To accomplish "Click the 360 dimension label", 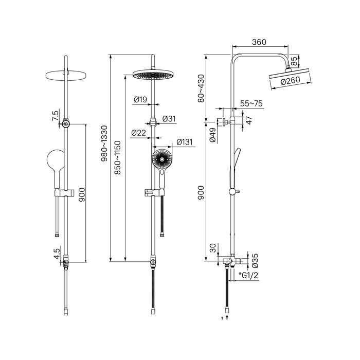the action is pyautogui.click(x=259, y=42).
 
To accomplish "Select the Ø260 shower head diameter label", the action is pyautogui.click(x=290, y=81).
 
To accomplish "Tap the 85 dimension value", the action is pyautogui.click(x=294, y=62).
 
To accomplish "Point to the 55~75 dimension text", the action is pyautogui.click(x=251, y=103).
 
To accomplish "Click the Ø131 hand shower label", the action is pyautogui.click(x=184, y=142).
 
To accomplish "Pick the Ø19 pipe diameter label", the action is pyautogui.click(x=140, y=100).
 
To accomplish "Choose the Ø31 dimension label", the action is pyautogui.click(x=169, y=119).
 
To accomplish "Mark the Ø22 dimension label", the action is pyautogui.click(x=138, y=133).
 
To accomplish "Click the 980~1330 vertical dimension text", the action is pyautogui.click(x=104, y=143).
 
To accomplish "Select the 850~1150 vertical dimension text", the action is pyautogui.click(x=118, y=157).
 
